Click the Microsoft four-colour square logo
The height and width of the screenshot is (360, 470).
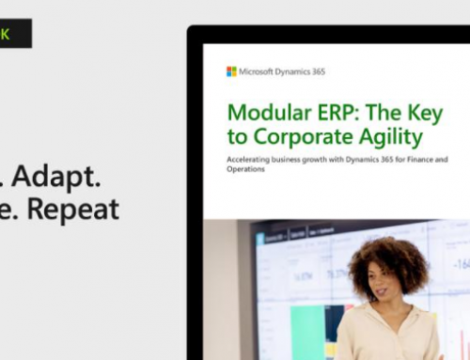pos(231,71)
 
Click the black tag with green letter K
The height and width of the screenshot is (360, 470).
pos(15,34)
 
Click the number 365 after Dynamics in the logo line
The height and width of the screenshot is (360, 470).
pos(315,71)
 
